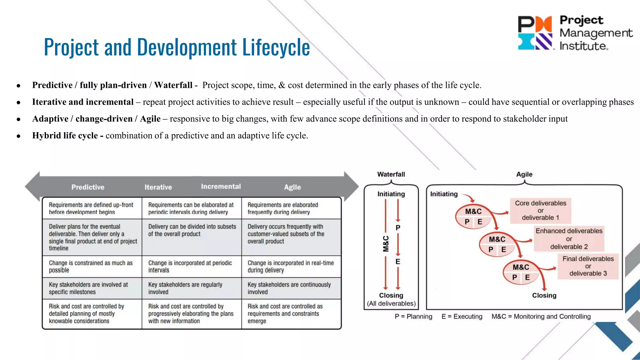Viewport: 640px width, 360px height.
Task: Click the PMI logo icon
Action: point(535,33)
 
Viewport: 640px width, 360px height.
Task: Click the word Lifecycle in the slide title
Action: point(276,47)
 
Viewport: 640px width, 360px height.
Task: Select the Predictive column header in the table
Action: point(88,187)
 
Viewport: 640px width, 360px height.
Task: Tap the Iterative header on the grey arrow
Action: point(158,187)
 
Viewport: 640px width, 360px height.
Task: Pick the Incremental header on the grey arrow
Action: point(221,187)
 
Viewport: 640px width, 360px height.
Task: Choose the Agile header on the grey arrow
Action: point(292,187)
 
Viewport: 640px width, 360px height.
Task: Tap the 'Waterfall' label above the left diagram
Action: point(391,174)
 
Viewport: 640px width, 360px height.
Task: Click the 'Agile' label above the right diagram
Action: point(524,174)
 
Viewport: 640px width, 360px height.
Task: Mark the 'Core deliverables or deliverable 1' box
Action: point(541,210)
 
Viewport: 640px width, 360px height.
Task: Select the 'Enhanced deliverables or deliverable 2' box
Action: point(569,239)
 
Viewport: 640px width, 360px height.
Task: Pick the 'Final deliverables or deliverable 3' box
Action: point(588,266)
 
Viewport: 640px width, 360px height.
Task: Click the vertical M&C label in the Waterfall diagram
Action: point(386,244)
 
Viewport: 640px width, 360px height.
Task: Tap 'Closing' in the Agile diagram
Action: point(544,295)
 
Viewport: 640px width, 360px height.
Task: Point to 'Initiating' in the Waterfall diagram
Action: point(391,194)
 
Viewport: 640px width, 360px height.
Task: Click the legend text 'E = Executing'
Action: point(462,317)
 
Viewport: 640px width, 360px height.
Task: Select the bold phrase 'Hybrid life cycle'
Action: point(65,136)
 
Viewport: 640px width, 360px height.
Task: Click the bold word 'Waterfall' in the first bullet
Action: point(173,85)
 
